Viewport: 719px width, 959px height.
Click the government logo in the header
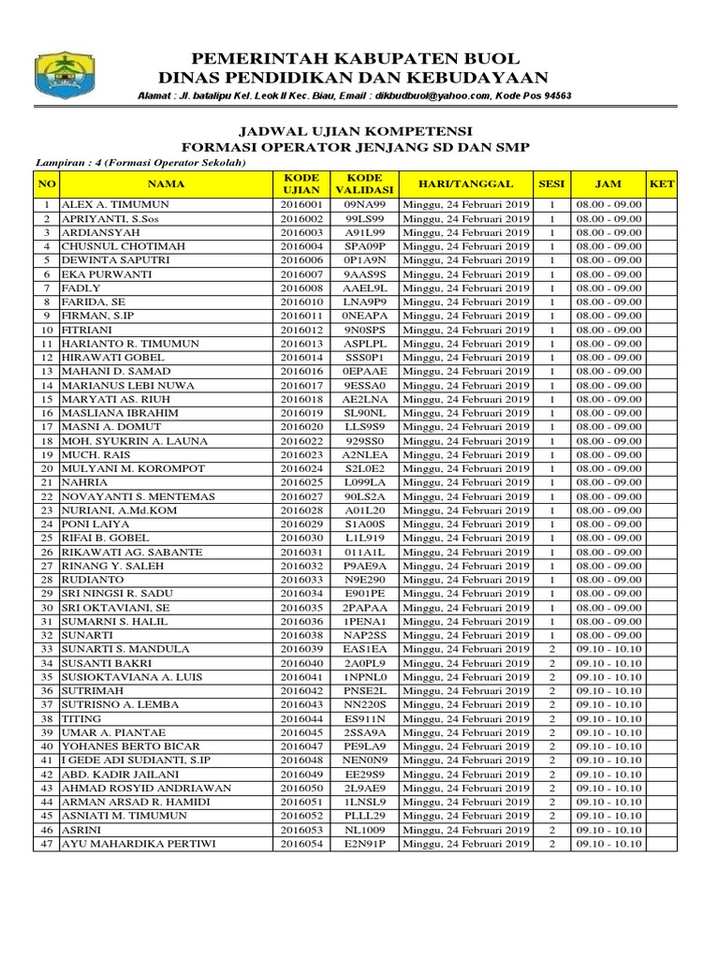click(x=66, y=75)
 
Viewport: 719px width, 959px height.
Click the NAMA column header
click(x=166, y=184)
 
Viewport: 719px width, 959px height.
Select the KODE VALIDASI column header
click(x=364, y=184)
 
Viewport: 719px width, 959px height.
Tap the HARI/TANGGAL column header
click(x=466, y=184)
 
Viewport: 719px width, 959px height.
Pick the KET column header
click(x=661, y=184)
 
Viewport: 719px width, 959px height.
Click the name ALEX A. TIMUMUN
click(x=110, y=204)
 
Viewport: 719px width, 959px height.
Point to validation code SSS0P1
click(x=364, y=358)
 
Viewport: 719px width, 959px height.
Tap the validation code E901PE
click(x=364, y=594)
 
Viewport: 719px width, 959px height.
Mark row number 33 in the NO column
click(x=47, y=649)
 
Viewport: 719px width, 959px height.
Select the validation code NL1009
click(x=364, y=830)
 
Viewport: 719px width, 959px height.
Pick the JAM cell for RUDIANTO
click(x=609, y=580)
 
